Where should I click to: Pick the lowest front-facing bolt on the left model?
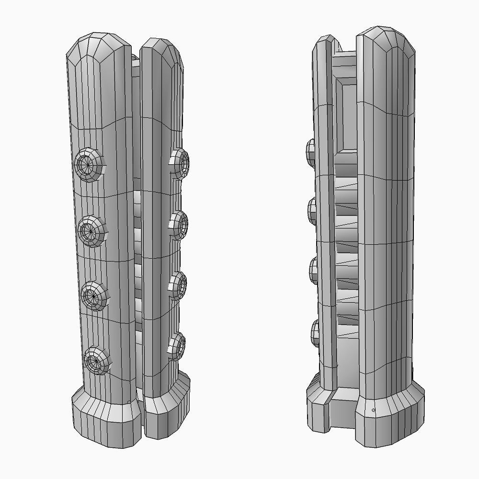tap(96, 361)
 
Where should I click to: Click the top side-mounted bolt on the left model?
tap(181, 163)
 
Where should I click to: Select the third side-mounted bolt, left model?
tap(178, 286)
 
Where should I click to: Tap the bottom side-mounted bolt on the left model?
tap(177, 346)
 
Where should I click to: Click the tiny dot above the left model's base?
tap(129, 401)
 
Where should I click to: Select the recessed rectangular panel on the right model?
tap(346, 115)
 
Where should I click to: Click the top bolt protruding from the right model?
tap(310, 150)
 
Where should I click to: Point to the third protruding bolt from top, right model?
tap(314, 272)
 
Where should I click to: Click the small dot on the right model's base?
tap(373, 410)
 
